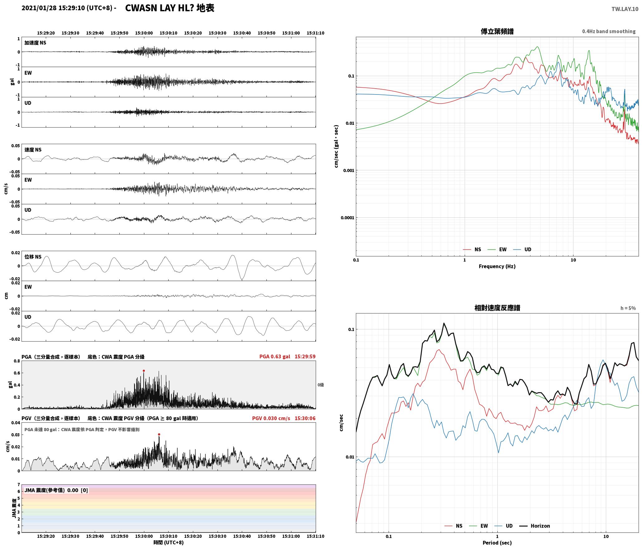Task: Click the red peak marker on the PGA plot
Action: point(144,371)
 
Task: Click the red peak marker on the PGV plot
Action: point(159,434)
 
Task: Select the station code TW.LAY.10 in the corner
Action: point(625,9)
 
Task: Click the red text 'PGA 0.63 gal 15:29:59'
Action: point(287,356)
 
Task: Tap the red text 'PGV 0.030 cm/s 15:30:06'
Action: point(284,418)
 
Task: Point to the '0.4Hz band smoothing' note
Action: point(609,31)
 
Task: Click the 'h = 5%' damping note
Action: point(628,308)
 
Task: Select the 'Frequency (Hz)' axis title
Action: point(497,266)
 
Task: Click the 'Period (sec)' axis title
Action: point(497,542)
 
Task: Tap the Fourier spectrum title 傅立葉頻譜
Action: point(497,31)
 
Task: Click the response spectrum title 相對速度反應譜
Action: point(497,308)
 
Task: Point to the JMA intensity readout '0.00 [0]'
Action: point(78,490)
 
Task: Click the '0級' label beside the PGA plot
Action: point(321,385)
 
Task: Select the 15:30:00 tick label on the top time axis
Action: point(144,33)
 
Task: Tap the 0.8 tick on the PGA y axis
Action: point(17,361)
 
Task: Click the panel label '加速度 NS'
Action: point(35,43)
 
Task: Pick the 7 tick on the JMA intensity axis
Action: point(18,484)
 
